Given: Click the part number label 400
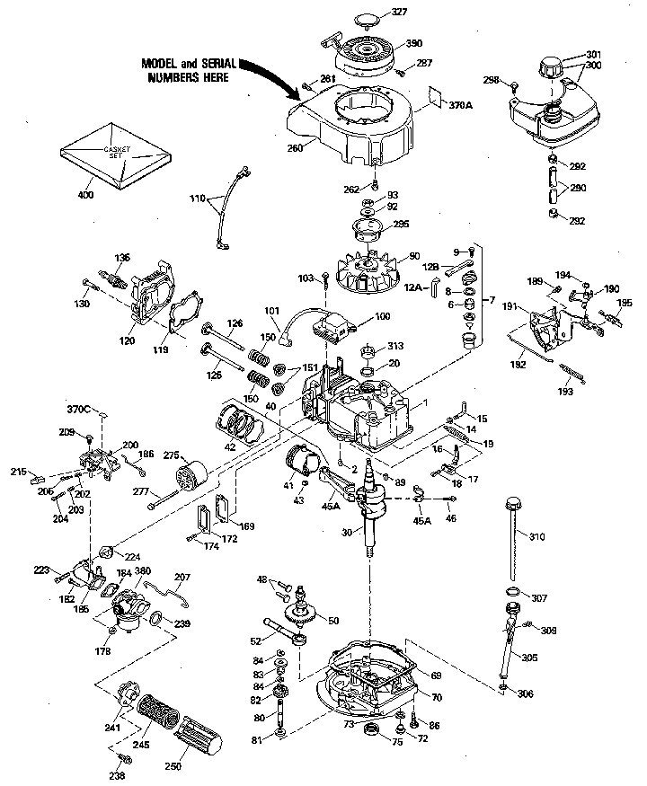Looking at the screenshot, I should point(86,195).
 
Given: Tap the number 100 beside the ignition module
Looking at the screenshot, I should point(382,316).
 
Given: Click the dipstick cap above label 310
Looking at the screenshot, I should point(516,499).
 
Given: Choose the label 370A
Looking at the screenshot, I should point(460,105).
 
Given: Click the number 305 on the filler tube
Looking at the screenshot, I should point(529,658).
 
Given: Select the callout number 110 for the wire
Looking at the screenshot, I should point(198,197).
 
